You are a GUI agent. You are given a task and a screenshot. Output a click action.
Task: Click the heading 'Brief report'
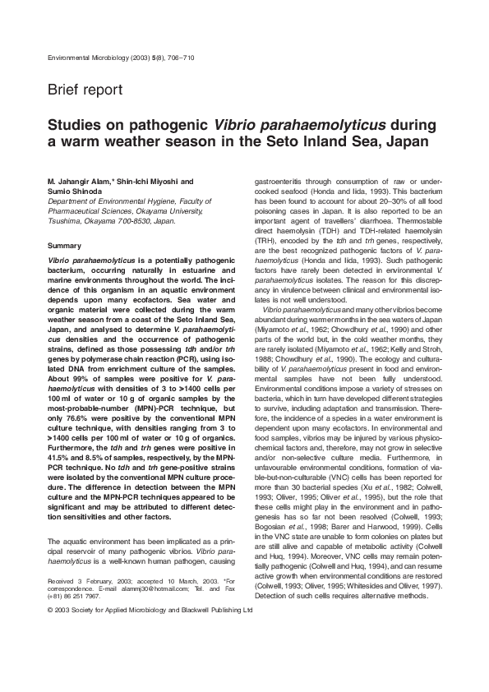[x=85, y=90]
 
